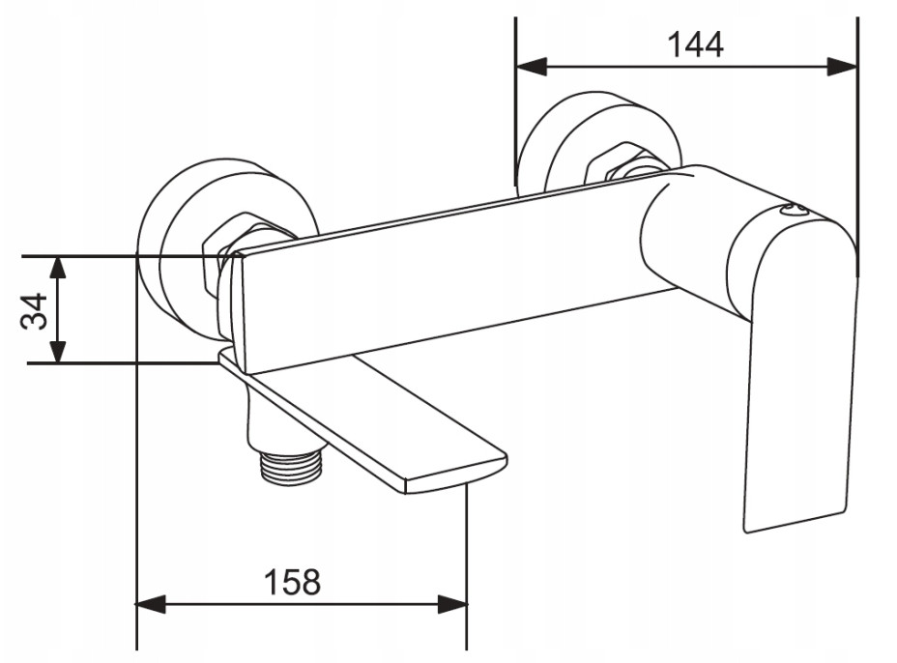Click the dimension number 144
coord(695,44)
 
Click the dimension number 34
coord(35,310)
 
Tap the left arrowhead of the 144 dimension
coord(532,67)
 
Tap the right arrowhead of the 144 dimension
coord(842,67)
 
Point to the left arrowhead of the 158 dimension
coord(151,603)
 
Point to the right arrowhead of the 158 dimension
coord(452,603)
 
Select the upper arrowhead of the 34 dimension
coord(57,268)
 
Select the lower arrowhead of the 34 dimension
coord(57,351)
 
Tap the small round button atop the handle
coord(795,211)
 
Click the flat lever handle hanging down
coord(799,378)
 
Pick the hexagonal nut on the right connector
coord(622,162)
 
